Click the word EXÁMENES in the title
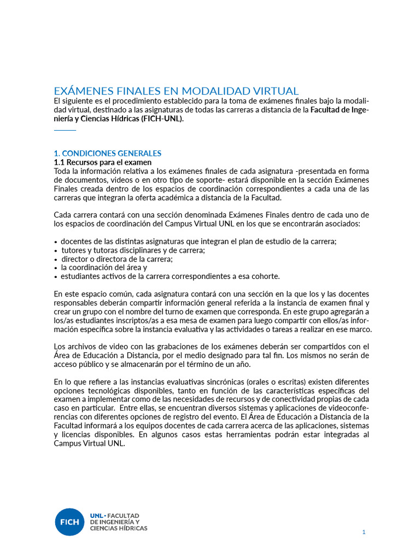click(x=82, y=91)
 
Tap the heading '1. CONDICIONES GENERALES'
click(x=107, y=153)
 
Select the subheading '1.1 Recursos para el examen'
click(x=103, y=162)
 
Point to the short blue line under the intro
click(x=65, y=130)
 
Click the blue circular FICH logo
click(x=69, y=521)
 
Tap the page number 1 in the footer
click(x=364, y=532)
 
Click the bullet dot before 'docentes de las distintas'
click(x=56, y=242)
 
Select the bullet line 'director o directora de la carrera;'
click(x=116, y=259)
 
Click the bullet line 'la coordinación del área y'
click(x=104, y=268)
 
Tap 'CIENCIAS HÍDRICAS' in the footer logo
click(x=119, y=528)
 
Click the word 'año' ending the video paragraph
click(x=242, y=364)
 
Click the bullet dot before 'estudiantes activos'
click(x=56, y=277)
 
